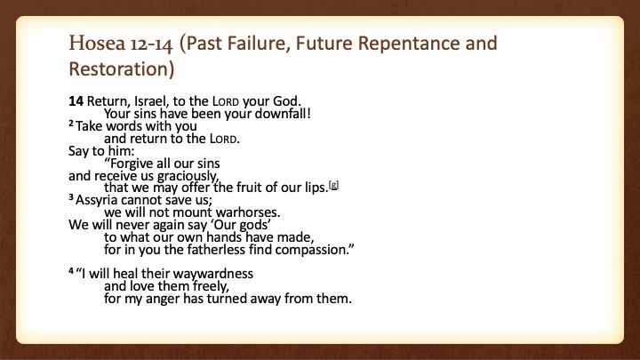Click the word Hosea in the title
[x=97, y=44]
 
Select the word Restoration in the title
[x=119, y=69]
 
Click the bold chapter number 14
[x=76, y=100]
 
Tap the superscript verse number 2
[x=71, y=123]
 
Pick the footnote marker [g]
[x=334, y=185]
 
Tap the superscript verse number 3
[x=71, y=197]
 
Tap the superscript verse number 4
[x=71, y=270]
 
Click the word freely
[x=209, y=286]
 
